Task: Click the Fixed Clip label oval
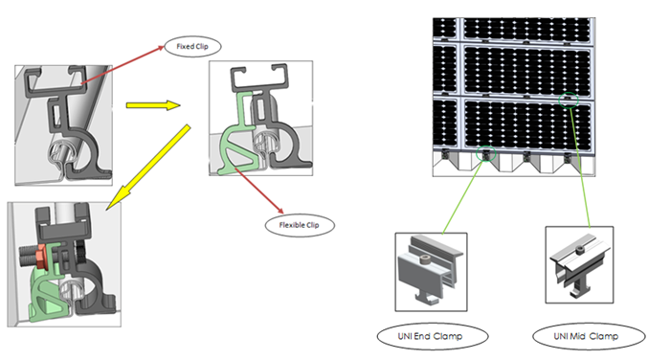point(192,46)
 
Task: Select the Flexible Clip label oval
point(300,225)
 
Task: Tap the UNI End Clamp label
point(433,336)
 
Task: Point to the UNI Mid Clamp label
point(589,336)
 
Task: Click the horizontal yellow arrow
point(153,105)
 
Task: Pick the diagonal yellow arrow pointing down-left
point(148,167)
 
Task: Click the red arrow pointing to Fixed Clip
point(123,65)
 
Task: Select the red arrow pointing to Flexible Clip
point(259,191)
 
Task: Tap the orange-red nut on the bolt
point(42,257)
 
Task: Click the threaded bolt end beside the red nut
point(28,256)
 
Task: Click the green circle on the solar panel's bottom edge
point(486,153)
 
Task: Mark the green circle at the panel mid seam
point(569,100)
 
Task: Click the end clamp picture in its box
point(431,272)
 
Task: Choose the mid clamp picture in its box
point(579,265)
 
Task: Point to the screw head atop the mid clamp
point(580,249)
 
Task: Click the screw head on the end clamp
point(425,259)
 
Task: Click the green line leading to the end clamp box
point(463,197)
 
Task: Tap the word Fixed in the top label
point(185,46)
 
